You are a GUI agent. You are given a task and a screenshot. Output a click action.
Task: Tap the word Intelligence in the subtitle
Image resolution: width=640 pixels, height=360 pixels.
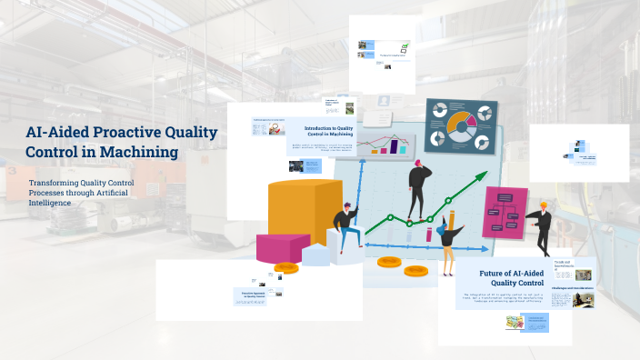(51, 203)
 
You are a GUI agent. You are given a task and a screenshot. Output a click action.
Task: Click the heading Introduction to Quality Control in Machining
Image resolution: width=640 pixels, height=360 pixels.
(330, 132)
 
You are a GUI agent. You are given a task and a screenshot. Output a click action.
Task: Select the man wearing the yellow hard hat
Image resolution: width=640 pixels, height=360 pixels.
(542, 228)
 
